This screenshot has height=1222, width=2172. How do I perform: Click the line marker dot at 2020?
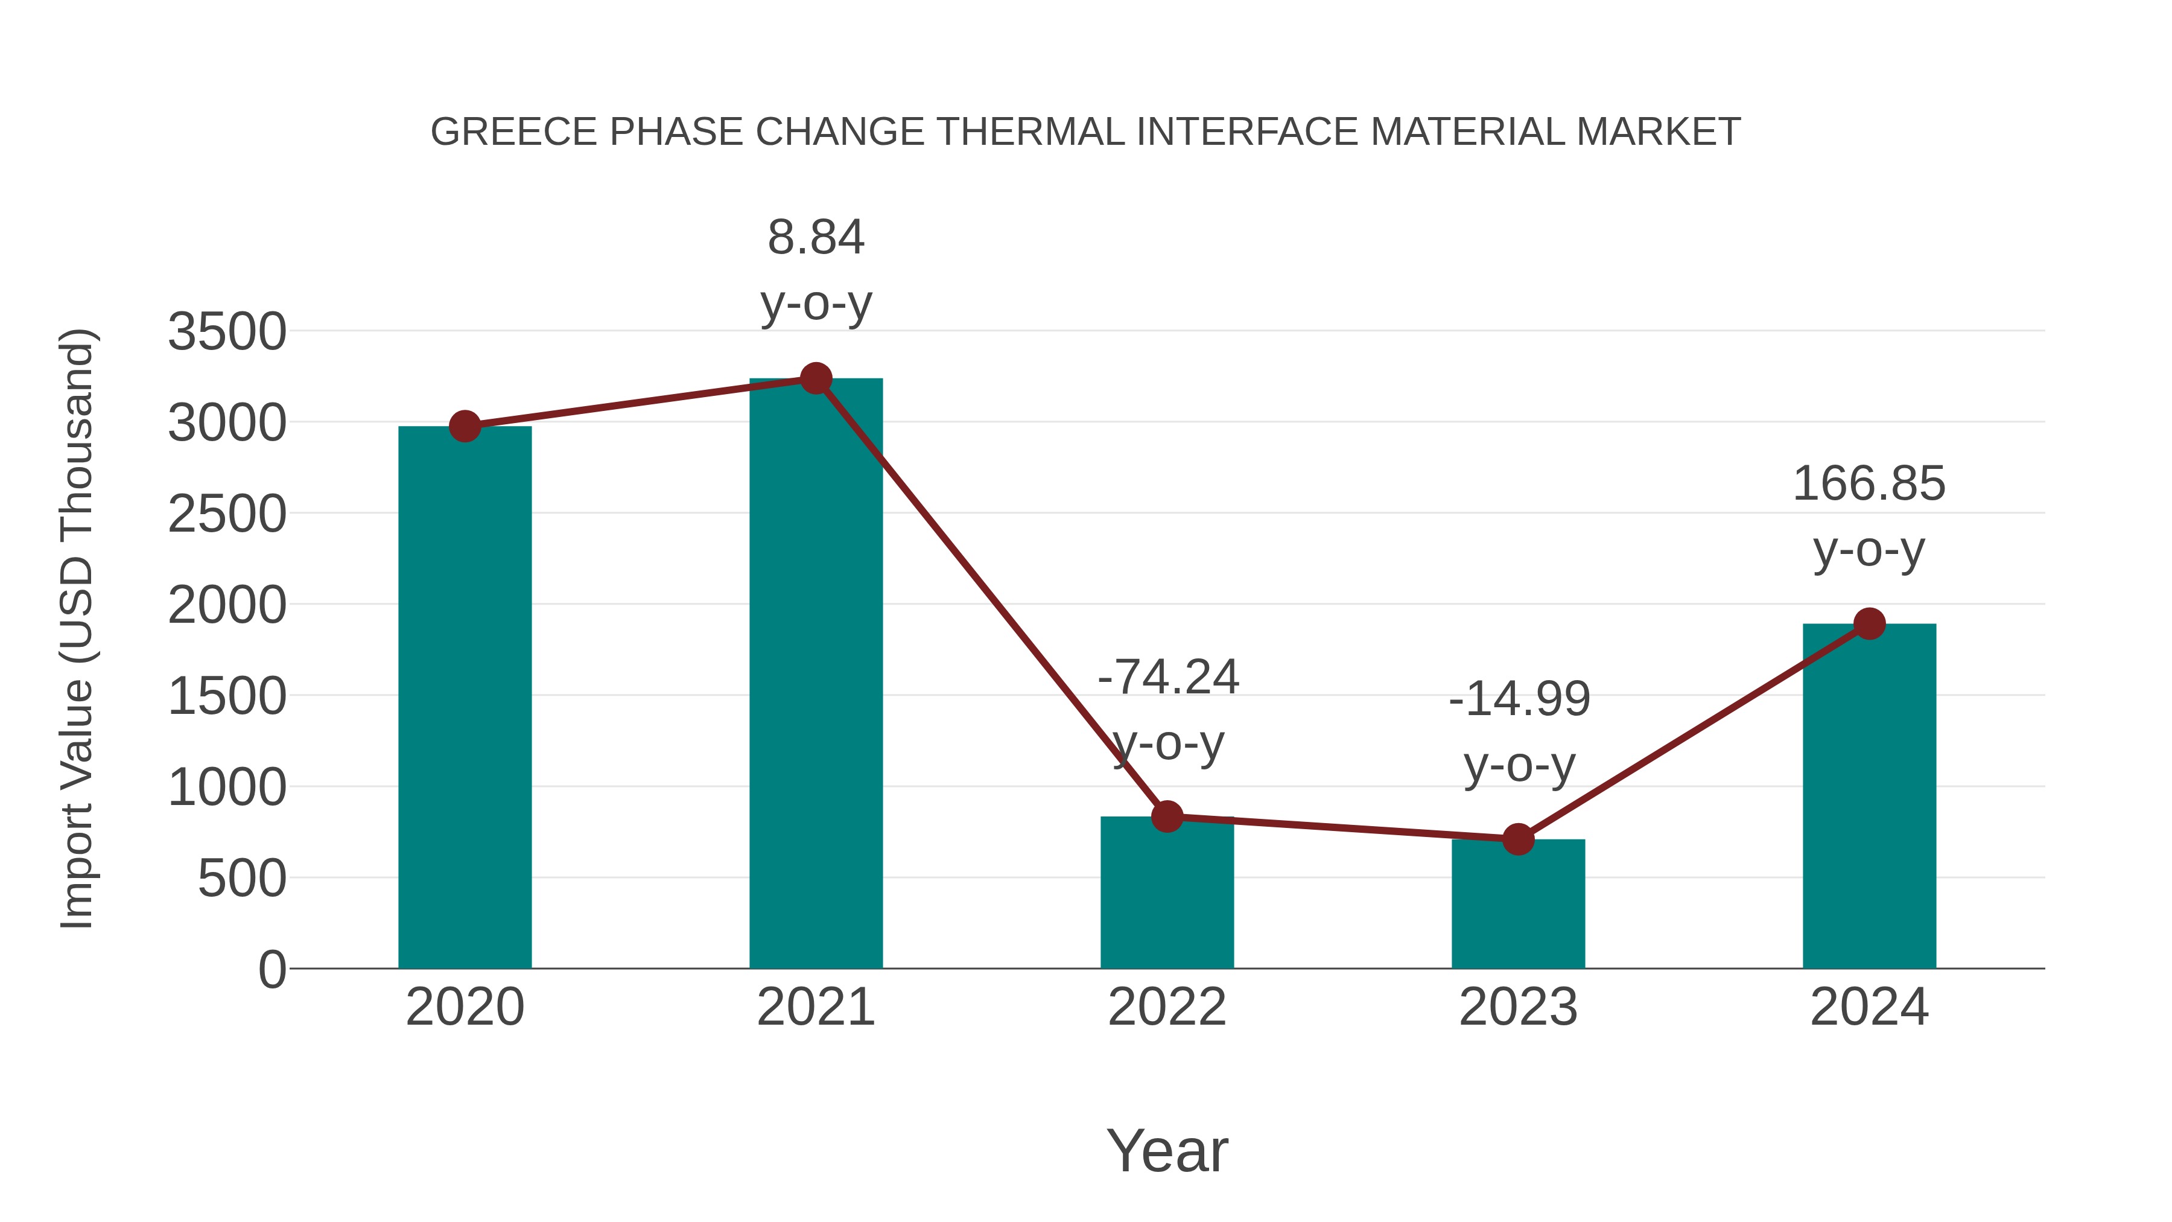(x=465, y=427)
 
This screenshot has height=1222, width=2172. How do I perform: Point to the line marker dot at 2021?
(x=815, y=378)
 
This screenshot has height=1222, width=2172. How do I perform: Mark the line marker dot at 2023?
(x=1518, y=839)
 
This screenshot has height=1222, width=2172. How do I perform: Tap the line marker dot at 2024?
(x=1869, y=624)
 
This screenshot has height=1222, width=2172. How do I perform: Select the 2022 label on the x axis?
(x=1167, y=1007)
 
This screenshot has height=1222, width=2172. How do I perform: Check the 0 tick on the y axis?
(x=271, y=970)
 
